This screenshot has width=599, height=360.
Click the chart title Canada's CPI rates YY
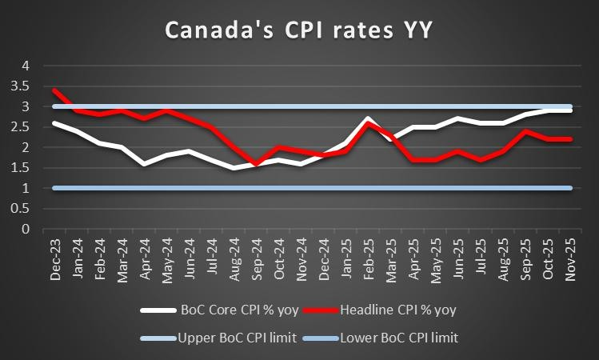[x=299, y=30]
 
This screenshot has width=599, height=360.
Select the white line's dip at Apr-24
[x=143, y=163]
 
